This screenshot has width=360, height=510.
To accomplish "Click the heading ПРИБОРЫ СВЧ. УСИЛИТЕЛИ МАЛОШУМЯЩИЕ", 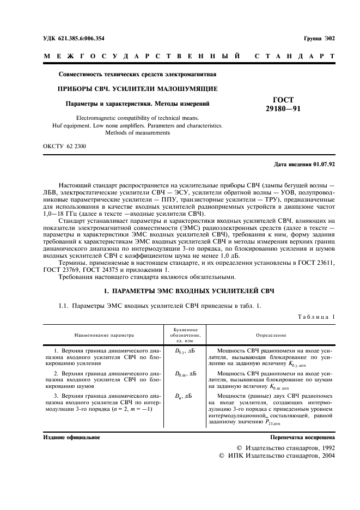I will point(138,88).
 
